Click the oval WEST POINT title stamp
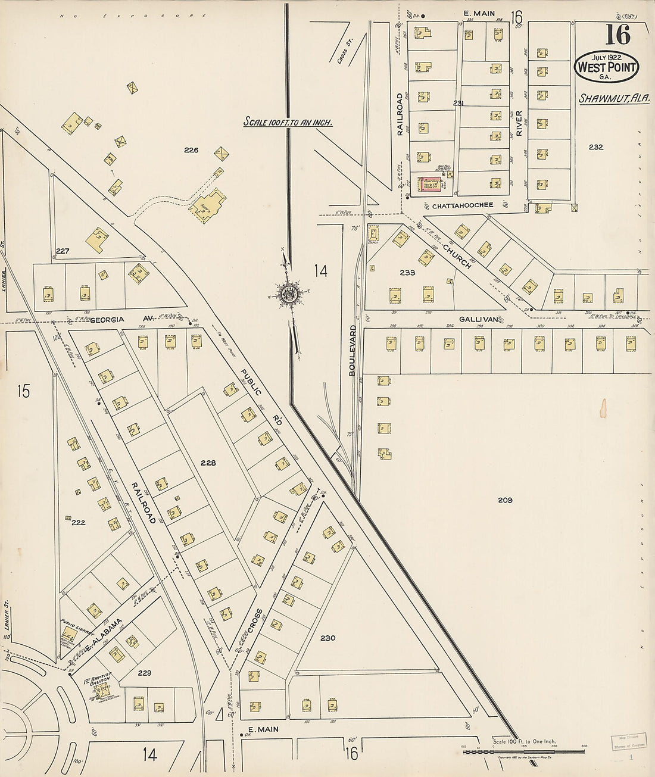(x=606, y=68)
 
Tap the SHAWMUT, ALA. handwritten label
(x=614, y=98)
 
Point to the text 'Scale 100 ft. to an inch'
(x=287, y=122)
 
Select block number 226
(x=191, y=150)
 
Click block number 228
(x=208, y=463)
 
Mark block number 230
(x=327, y=638)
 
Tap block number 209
(x=505, y=500)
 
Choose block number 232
(x=595, y=147)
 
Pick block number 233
(x=407, y=273)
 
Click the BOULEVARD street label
(x=353, y=350)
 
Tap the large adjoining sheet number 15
(x=23, y=391)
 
